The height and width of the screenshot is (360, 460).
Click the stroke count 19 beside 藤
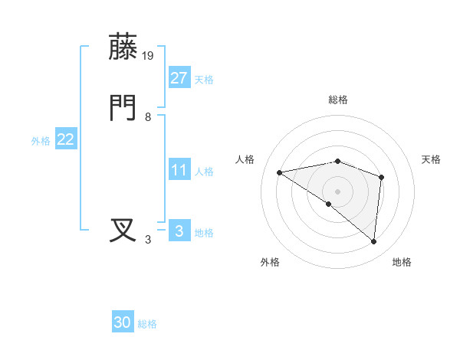click(x=149, y=55)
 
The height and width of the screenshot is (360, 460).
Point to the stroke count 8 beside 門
click(x=148, y=117)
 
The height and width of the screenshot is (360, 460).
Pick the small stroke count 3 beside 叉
click(x=148, y=240)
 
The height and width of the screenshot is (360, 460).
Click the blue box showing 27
click(x=179, y=78)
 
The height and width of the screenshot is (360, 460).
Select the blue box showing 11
click(x=179, y=170)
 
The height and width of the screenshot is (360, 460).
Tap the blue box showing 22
click(x=66, y=139)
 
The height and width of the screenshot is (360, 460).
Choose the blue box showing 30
click(x=123, y=322)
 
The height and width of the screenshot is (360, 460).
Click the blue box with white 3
click(x=179, y=231)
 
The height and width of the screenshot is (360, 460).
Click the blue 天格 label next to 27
click(x=204, y=80)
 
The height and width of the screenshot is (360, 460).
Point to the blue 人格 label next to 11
click(x=204, y=172)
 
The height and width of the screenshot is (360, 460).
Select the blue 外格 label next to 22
click(x=41, y=141)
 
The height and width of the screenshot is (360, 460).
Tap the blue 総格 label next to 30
click(x=147, y=324)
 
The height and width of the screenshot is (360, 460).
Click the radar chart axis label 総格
click(x=338, y=100)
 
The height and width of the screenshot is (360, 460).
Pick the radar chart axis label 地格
click(x=402, y=262)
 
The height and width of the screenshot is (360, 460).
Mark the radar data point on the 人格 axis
click(x=280, y=172)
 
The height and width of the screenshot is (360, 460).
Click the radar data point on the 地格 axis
click(x=374, y=241)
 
